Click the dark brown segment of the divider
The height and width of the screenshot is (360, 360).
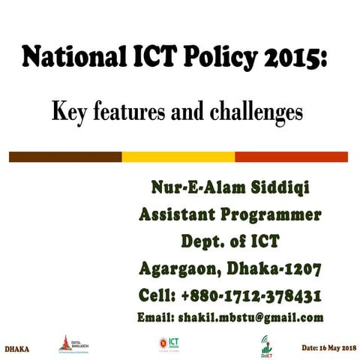[65, 157]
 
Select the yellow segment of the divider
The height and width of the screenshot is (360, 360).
[178, 157]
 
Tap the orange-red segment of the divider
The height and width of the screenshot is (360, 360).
[292, 157]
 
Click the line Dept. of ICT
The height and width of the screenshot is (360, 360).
[230, 242]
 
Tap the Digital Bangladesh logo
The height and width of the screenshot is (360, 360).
[67, 343]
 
